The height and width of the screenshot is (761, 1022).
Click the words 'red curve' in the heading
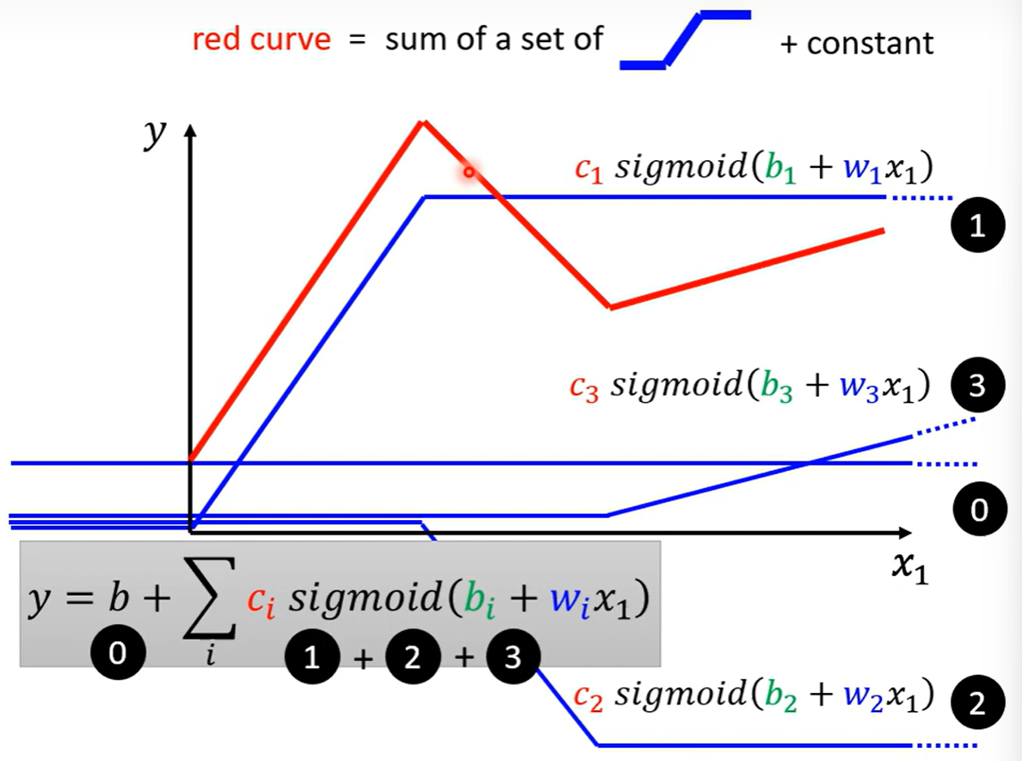(x=261, y=40)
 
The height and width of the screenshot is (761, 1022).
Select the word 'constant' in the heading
(x=870, y=43)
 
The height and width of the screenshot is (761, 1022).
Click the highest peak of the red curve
(x=422, y=122)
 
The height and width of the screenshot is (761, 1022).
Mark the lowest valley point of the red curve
(x=609, y=306)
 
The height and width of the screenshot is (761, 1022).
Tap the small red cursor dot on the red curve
(x=469, y=173)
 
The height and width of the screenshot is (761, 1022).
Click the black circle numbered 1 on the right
(x=976, y=227)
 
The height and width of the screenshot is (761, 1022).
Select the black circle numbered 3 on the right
(x=976, y=387)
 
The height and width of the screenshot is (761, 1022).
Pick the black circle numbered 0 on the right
(x=976, y=510)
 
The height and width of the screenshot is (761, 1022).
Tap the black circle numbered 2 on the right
(x=976, y=706)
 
